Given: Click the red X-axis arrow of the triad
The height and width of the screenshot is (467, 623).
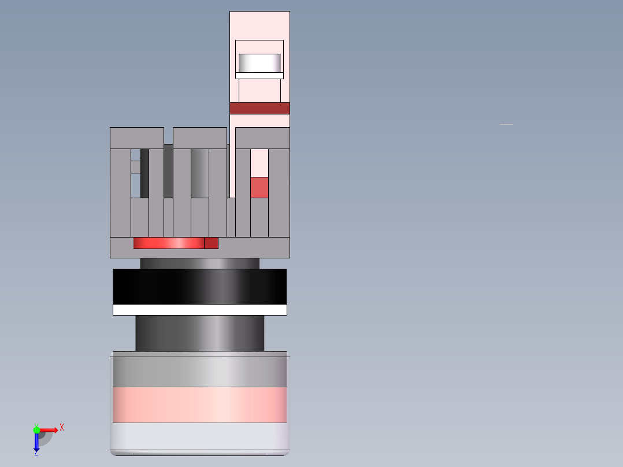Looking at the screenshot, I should [49, 429].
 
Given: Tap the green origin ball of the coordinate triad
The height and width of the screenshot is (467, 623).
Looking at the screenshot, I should [36, 429].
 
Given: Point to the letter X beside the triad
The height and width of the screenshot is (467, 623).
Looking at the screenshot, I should [62, 428].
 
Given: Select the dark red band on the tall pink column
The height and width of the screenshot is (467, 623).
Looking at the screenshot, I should [259, 108].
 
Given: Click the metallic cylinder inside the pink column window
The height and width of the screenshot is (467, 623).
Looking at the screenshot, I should [259, 62].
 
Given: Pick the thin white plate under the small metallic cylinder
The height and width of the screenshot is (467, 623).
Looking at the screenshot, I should [259, 76].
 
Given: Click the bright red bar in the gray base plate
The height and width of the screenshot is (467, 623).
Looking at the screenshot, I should [168, 243].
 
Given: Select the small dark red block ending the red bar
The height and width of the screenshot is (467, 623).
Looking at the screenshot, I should [211, 243].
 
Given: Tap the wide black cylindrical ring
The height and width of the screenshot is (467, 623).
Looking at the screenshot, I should [199, 286].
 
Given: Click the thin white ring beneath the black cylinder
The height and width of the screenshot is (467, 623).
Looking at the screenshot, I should [199, 310].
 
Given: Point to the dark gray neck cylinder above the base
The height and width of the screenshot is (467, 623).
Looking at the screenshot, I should [199, 333].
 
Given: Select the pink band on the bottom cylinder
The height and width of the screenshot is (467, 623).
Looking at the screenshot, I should [199, 405].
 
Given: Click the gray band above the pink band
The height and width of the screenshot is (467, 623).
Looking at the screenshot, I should [199, 372].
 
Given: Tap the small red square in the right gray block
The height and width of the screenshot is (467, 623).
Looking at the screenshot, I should [259, 187].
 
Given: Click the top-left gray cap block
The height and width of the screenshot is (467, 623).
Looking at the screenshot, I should [136, 138].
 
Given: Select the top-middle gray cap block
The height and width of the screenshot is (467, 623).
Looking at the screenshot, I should [199, 138].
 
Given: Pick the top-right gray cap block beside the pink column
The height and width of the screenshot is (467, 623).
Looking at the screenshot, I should [262, 138].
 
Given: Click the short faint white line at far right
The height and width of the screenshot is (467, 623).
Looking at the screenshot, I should [506, 124].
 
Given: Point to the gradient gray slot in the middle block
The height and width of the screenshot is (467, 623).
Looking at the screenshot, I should [199, 173].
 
